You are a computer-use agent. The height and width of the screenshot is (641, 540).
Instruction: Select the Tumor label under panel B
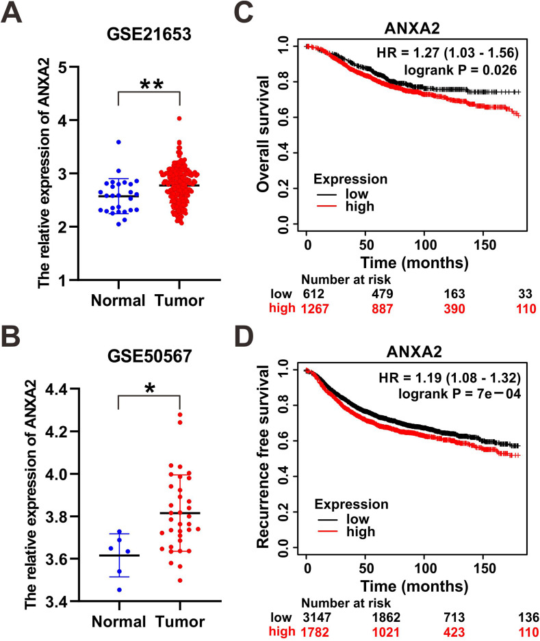tap(179, 621)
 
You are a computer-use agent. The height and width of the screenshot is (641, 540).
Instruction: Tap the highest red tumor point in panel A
tap(179, 118)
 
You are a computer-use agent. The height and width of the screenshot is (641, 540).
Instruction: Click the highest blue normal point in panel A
tap(119, 142)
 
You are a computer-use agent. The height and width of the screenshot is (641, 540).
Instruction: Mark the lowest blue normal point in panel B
tap(119, 589)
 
